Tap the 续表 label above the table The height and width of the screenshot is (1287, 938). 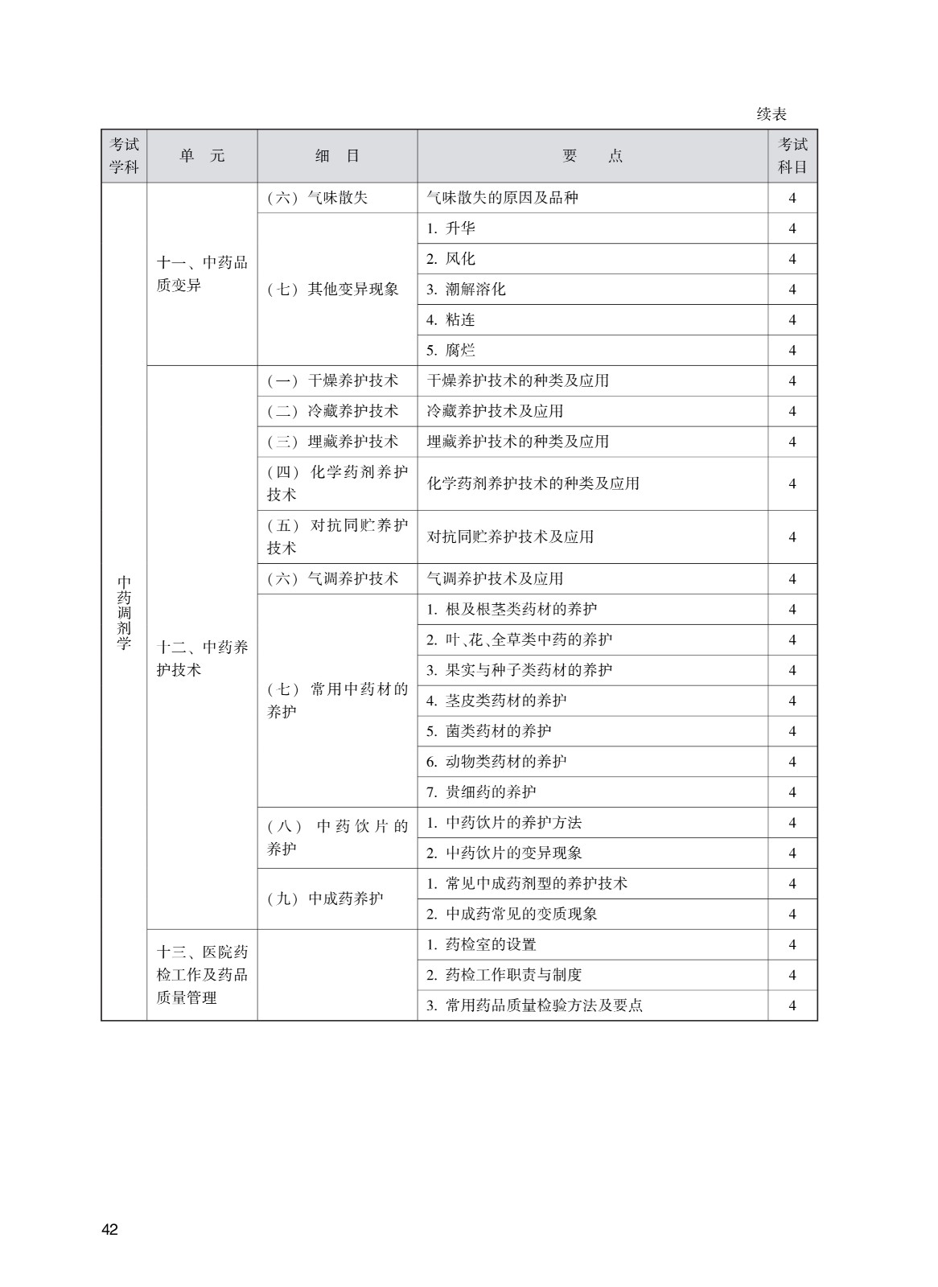pos(771,114)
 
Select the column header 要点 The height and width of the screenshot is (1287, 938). pos(592,156)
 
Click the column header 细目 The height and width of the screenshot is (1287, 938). pos(337,156)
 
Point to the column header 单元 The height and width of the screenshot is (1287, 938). pos(202,156)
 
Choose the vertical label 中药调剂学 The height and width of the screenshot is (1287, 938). pos(124,612)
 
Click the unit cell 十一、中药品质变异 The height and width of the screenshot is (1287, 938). pos(202,273)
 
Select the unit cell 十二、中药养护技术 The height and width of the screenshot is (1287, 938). pos(202,658)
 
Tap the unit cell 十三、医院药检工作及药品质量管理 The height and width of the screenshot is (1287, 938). pos(202,974)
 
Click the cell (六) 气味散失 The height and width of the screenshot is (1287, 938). pos(318,198)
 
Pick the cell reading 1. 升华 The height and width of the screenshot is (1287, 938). pos(450,228)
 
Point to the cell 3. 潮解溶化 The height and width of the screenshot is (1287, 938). pos(466,290)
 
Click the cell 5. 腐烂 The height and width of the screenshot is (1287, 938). pos(450,351)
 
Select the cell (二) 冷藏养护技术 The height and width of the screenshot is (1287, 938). pos(333,411)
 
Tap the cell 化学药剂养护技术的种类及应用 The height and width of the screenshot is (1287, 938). pos(533,483)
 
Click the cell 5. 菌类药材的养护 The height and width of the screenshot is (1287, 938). pos(488,731)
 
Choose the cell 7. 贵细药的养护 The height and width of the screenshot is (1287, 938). pos(481,792)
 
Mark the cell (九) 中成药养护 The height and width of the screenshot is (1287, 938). pos(325,898)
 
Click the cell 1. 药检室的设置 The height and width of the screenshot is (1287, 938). pos(481,944)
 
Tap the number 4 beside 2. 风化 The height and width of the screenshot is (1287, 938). pos(792,259)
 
